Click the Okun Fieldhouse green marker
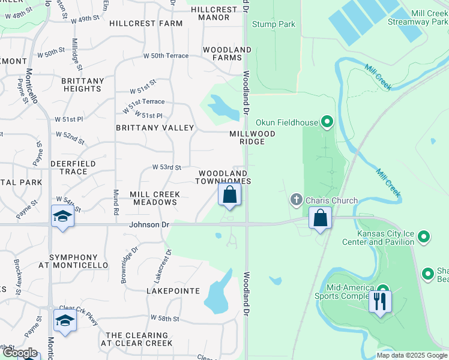point(327,123)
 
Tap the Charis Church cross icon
point(295,199)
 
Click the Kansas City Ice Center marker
point(424,238)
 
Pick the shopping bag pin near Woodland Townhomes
point(229,194)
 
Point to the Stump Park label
point(274,25)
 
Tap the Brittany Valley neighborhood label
point(155,128)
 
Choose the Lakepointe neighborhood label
point(173,290)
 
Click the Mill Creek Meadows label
point(154,198)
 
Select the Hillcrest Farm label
point(146,23)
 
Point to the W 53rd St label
point(166,167)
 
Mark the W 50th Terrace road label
point(165,56)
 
